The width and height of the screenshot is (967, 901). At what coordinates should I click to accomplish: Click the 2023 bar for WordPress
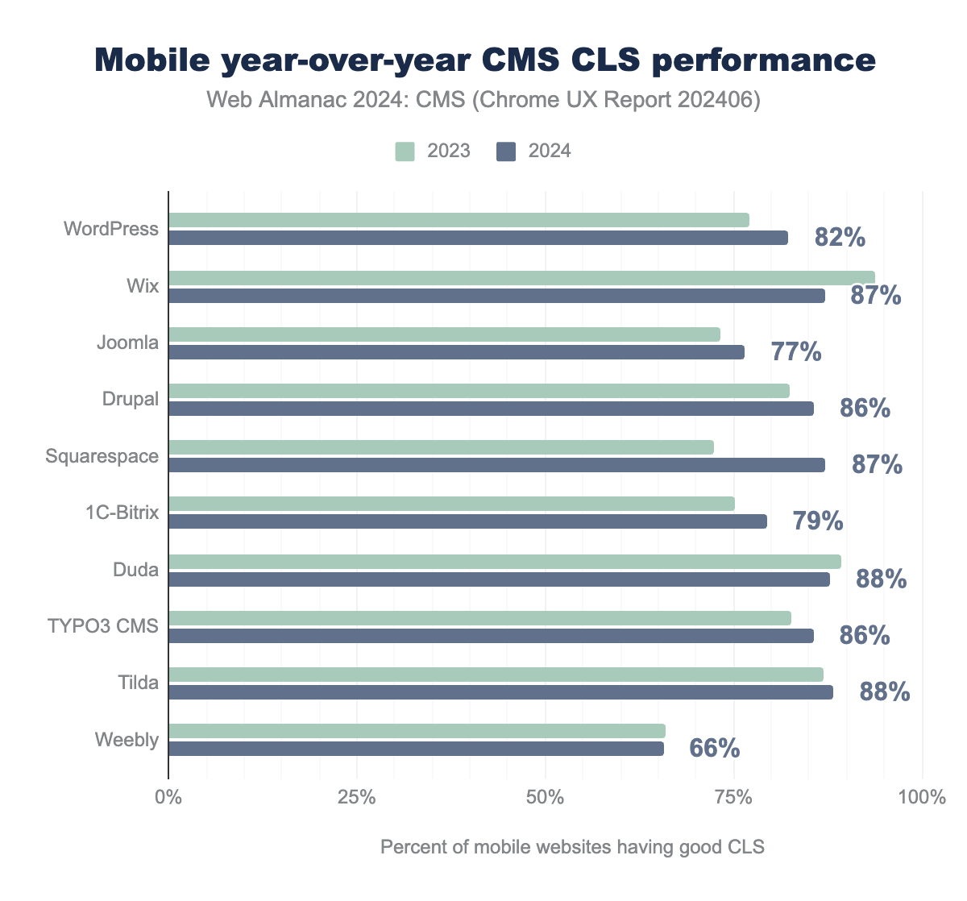tap(459, 220)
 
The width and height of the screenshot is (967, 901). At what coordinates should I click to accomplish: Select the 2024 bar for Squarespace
tap(496, 465)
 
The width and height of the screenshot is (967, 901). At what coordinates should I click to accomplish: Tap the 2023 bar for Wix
tap(521, 278)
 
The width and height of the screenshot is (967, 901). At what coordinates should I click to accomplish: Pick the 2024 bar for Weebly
tap(416, 749)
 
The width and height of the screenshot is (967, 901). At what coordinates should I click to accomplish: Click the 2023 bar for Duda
tap(504, 562)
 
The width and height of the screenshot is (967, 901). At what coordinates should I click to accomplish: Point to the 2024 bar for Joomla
tap(456, 352)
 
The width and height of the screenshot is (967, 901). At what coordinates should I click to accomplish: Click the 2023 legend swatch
tap(405, 152)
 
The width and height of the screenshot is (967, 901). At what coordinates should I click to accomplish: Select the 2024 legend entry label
tap(549, 152)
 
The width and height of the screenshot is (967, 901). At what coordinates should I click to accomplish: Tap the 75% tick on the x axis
tap(733, 799)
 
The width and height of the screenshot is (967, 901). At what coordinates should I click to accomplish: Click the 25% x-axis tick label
tap(356, 799)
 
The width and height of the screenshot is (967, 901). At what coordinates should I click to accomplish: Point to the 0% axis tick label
tap(168, 799)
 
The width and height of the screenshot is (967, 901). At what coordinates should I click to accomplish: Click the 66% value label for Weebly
tap(714, 749)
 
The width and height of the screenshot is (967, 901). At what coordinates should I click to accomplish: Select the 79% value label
tap(817, 521)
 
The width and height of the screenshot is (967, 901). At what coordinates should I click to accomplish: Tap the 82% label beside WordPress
tap(840, 238)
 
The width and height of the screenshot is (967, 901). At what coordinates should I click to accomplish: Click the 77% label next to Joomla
tap(796, 352)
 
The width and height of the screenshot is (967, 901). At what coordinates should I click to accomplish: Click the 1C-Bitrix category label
tap(122, 513)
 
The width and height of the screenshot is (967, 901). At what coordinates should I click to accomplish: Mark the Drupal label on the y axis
tap(131, 399)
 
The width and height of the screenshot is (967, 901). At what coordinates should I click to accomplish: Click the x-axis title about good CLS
tap(572, 848)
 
